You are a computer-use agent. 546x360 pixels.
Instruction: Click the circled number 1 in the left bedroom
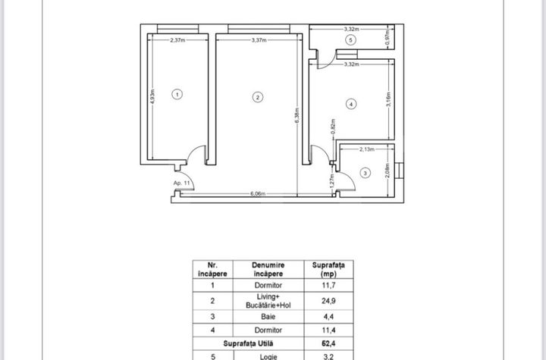pyautogui.click(x=177, y=95)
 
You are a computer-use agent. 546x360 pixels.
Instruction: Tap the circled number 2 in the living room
pyautogui.click(x=258, y=96)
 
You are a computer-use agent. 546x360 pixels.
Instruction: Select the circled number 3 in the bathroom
pyautogui.click(x=366, y=174)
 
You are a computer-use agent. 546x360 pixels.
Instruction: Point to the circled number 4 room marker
pyautogui.click(x=351, y=103)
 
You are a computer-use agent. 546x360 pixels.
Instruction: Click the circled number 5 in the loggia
pyautogui.click(x=350, y=39)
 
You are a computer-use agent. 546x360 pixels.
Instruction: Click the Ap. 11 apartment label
pyautogui.click(x=181, y=183)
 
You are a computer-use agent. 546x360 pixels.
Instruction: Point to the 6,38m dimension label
pyautogui.click(x=297, y=114)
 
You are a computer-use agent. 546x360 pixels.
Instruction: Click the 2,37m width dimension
pyautogui.click(x=179, y=40)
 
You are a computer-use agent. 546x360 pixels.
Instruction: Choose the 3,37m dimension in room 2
pyautogui.click(x=259, y=40)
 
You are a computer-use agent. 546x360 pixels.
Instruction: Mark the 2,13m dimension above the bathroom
pyautogui.click(x=367, y=149)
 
